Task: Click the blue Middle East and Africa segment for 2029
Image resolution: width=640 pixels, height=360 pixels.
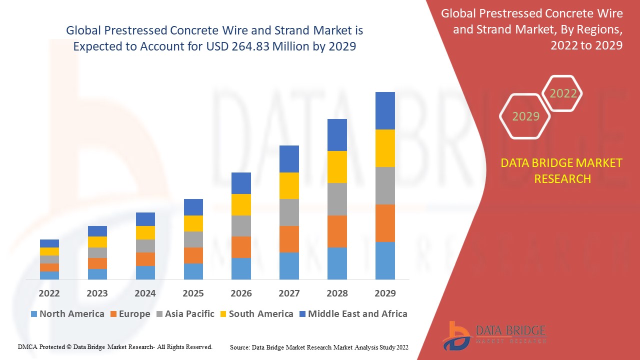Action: pos(385,110)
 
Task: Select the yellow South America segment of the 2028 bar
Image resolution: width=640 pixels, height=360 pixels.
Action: pos(337,166)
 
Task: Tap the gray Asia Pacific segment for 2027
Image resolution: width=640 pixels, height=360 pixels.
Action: pos(289,212)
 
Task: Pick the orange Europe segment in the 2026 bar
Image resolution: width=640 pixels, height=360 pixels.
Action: pos(241,247)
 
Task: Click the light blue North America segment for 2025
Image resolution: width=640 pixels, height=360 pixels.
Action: pos(193,271)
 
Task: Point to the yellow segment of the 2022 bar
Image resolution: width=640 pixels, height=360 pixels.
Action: pos(49,251)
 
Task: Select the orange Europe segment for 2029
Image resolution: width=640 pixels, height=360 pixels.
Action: pos(385,223)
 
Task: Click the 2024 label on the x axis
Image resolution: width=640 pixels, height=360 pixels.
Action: pos(145,293)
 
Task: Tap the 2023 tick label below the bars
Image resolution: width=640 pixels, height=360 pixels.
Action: pos(97,293)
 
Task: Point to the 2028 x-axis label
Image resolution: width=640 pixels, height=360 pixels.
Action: pos(337,293)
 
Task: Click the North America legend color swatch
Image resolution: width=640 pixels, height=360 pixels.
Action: pos(34,314)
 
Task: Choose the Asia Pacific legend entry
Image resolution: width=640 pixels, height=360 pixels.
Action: pos(184,314)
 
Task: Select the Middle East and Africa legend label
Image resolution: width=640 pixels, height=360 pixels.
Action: pos(357,314)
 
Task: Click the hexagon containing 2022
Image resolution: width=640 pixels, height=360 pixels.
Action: pos(563,93)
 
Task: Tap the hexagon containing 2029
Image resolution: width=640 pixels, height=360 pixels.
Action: pos(525,116)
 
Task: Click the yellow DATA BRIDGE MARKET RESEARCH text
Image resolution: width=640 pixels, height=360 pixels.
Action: pos(562,170)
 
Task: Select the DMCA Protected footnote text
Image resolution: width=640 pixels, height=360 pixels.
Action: pos(115,346)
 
